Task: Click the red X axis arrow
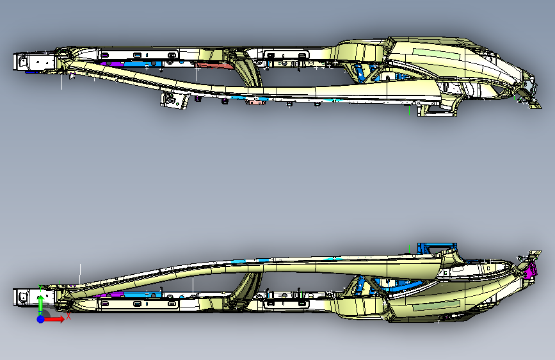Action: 56,318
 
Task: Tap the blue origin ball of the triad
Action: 40,318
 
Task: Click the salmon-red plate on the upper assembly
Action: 214,64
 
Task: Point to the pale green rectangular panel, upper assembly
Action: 437,53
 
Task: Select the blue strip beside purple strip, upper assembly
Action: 138,63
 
